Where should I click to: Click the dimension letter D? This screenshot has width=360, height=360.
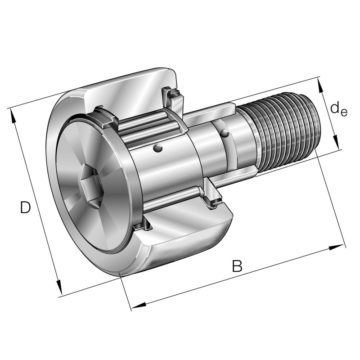tap(26, 207)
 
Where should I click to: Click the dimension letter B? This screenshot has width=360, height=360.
tap(237, 266)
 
